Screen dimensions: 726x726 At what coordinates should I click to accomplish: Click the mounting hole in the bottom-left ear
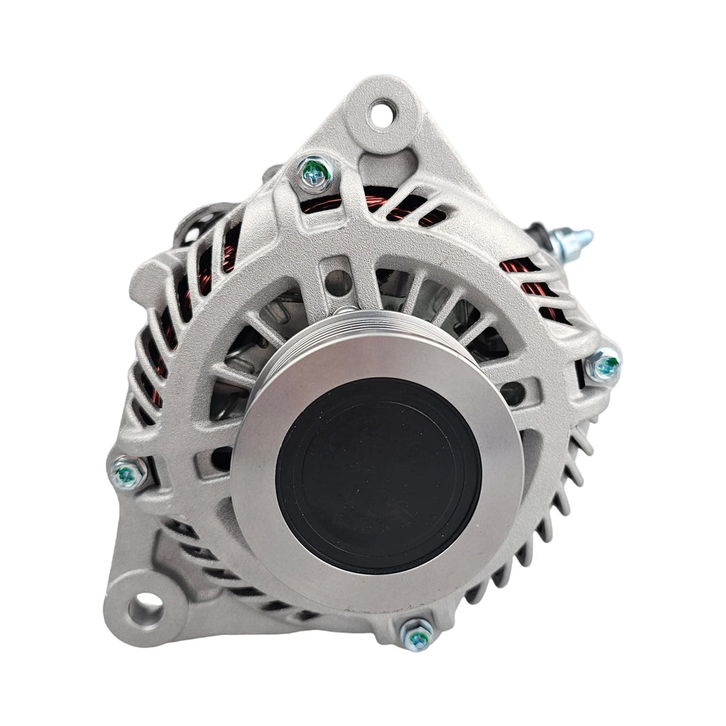(x=147, y=608)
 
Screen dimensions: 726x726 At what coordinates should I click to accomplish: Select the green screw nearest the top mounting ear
(x=313, y=172)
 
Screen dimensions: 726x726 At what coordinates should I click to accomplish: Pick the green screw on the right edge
(x=604, y=366)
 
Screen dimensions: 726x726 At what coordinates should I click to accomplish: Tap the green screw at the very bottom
(x=418, y=633)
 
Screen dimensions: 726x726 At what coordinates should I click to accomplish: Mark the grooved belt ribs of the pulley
(x=354, y=330)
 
